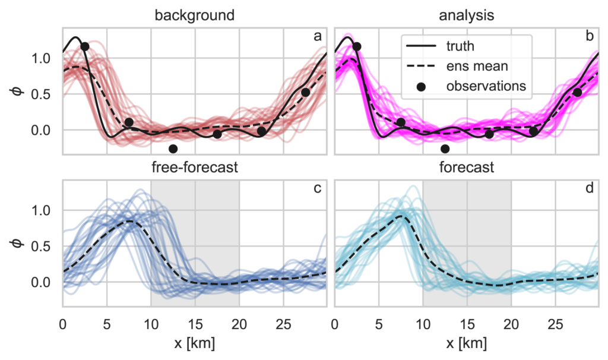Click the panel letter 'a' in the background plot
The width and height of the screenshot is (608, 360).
(318, 37)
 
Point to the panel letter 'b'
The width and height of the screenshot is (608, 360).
(590, 37)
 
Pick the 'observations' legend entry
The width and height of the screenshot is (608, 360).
(486, 86)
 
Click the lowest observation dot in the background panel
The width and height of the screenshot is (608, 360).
(173, 149)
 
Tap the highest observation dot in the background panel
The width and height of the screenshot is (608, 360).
(85, 46)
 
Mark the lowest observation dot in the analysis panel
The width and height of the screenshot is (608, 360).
(445, 149)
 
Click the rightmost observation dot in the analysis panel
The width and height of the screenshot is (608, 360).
(577, 92)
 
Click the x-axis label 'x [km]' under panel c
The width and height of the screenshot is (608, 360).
(195, 343)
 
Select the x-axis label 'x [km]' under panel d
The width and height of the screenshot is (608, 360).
(466, 343)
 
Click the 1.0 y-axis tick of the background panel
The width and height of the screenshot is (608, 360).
(46, 58)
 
